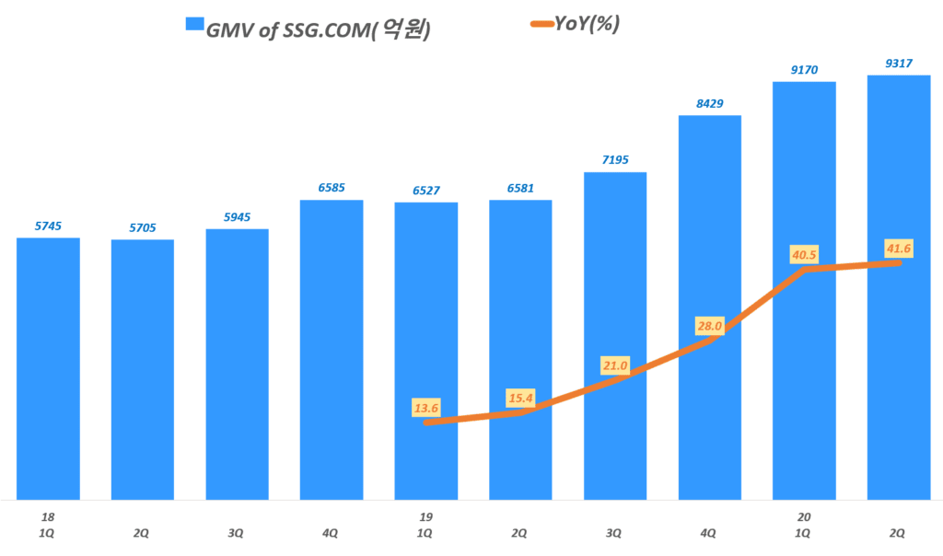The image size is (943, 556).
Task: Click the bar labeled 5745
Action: pos(48,368)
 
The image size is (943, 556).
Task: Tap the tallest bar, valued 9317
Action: pos(898,286)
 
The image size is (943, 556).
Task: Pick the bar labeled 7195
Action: pos(614,335)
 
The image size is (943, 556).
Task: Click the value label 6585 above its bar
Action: pos(332,188)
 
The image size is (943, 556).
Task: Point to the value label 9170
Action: pos(803,69)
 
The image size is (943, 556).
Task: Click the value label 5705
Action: pos(143,227)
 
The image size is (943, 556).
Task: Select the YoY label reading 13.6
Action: pos(426,405)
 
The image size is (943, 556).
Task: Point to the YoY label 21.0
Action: pos(614,365)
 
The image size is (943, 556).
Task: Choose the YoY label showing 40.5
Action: pos(804,253)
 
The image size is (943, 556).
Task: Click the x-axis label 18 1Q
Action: pos(48,526)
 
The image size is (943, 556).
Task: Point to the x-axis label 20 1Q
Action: pos(803,526)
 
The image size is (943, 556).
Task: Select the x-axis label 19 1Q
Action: pos(425,526)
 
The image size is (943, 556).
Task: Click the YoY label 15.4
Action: pos(520,398)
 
